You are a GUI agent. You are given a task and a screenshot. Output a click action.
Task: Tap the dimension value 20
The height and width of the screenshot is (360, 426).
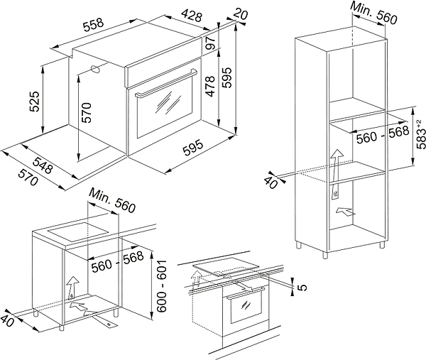coord(241,16)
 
